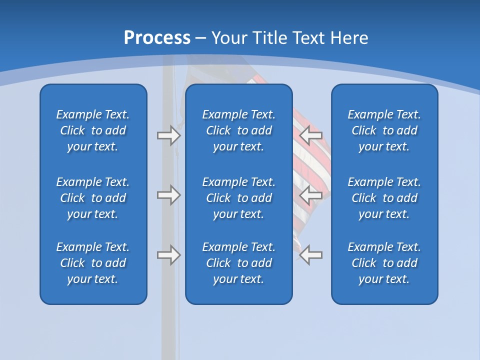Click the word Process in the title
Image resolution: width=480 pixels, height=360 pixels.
157,38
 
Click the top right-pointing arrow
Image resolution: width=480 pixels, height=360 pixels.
168,135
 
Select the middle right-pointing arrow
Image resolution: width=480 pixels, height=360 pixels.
168,195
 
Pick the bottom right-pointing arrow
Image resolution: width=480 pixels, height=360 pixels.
168,255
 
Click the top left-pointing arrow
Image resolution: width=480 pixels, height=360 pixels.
310,135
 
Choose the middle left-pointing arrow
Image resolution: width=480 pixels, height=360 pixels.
310,195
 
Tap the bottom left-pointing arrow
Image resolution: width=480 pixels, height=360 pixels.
310,255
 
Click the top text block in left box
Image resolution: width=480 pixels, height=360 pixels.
93,130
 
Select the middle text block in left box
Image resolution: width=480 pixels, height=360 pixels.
93,198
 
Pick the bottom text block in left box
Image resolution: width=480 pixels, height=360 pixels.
93,263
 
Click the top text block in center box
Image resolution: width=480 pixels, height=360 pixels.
239,130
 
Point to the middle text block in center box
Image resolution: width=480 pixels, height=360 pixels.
239,198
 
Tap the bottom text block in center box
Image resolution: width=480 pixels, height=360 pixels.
239,263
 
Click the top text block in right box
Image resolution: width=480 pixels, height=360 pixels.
384,130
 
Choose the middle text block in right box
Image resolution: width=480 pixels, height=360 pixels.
384,198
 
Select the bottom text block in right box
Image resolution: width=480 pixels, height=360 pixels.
384,263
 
